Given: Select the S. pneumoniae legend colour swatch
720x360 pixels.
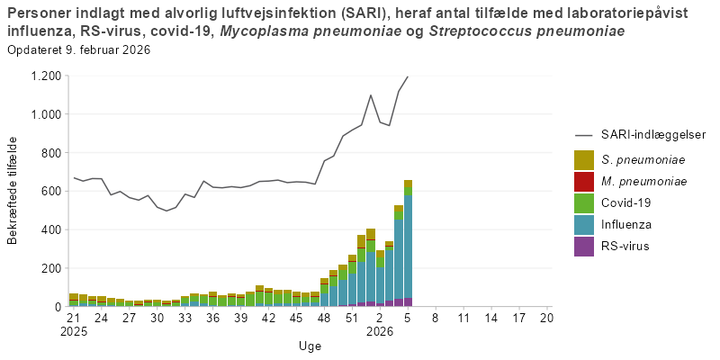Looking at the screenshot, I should click(584, 160).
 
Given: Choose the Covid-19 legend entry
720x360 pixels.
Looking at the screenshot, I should click(626, 202).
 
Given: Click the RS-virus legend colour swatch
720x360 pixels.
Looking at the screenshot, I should click(584, 246).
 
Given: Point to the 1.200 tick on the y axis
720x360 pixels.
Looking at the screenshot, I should click(45, 76).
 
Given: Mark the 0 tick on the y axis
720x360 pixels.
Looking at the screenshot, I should click(56, 307).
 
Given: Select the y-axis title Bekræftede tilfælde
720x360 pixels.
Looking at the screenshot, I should click(13, 191).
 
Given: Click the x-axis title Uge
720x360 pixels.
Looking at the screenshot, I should click(310, 346).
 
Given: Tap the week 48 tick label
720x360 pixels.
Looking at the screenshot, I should click(324, 318).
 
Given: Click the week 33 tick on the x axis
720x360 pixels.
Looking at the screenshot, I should click(184, 318).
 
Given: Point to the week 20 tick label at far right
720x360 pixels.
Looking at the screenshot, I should click(545, 318).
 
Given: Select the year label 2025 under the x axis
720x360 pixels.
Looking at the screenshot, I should click(74, 331).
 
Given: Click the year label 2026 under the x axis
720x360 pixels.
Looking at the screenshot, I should click(380, 331).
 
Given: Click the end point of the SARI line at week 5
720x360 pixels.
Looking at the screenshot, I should click(408, 76).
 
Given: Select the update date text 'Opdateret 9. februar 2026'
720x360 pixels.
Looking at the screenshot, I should click(78, 49).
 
